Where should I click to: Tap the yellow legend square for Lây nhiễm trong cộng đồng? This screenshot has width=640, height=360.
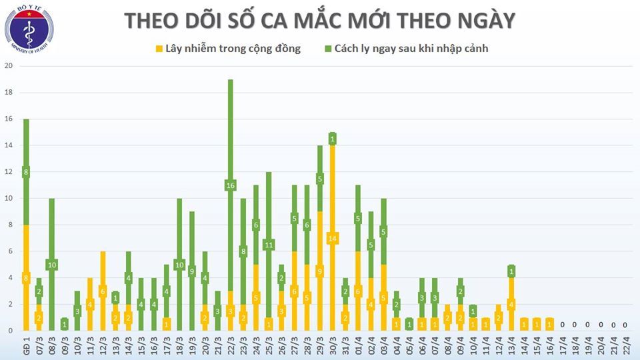159,49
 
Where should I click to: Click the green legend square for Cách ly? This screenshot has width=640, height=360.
328,49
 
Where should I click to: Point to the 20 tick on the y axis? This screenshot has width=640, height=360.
9,66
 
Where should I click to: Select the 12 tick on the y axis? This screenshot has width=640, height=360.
9,172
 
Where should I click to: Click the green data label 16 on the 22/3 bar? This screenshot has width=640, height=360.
230,185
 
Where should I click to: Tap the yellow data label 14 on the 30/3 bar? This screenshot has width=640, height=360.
331,238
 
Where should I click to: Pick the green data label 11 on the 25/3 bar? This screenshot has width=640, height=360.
268,245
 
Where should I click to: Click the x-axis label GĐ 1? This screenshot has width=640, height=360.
25,347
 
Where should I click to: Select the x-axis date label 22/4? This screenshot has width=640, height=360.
625,347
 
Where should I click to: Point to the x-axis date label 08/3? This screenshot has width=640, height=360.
51,347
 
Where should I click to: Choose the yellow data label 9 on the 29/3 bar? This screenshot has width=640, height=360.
319,271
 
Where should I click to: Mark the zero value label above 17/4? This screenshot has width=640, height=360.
561,325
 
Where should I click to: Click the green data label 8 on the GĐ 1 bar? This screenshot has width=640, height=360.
26,172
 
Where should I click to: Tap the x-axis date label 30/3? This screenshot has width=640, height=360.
331,347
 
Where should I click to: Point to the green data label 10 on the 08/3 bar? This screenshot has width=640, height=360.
51,265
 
